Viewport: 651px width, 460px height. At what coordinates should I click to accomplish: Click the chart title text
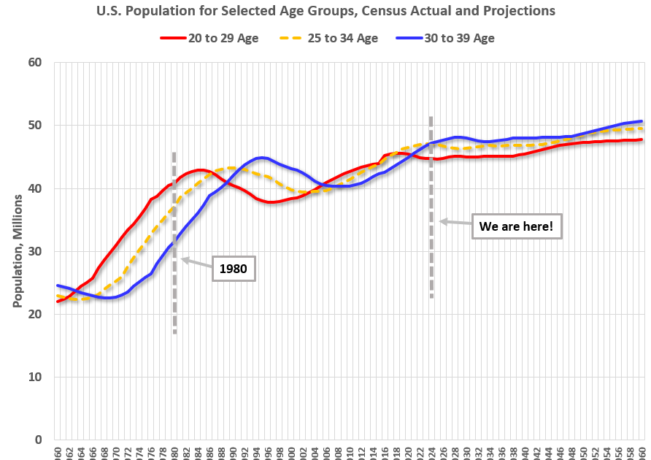click(x=325, y=11)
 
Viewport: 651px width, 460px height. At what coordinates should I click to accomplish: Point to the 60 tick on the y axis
click(x=34, y=63)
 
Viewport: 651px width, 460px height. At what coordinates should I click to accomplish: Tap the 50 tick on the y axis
click(x=34, y=126)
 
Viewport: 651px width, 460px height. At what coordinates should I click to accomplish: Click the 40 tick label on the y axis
click(x=34, y=188)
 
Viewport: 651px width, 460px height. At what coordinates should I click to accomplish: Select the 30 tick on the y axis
click(x=34, y=251)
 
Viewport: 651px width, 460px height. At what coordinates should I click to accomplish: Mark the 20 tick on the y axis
click(x=34, y=314)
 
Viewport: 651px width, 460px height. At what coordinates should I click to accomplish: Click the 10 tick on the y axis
click(x=34, y=377)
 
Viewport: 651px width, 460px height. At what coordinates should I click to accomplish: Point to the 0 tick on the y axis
click(x=37, y=440)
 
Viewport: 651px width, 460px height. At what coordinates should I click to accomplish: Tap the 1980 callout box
click(x=233, y=269)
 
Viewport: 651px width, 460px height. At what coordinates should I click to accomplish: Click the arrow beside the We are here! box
click(x=455, y=222)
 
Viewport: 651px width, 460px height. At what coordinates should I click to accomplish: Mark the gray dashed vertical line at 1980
click(x=174, y=307)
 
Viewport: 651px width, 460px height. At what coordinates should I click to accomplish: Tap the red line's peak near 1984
click(x=201, y=169)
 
